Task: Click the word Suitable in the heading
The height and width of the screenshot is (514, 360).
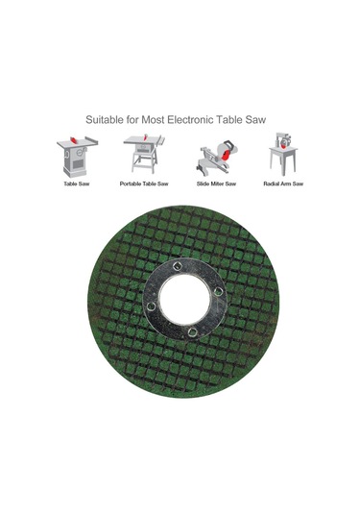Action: click(x=105, y=120)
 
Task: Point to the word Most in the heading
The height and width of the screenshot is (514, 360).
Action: click(x=153, y=120)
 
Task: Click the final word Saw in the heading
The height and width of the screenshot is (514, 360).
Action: click(x=255, y=120)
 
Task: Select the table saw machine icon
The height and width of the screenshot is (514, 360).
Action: click(x=77, y=156)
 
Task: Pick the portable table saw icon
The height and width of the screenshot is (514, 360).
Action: click(x=144, y=154)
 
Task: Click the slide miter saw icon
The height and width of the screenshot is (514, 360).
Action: click(x=217, y=157)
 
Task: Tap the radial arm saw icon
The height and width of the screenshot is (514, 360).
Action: click(x=283, y=154)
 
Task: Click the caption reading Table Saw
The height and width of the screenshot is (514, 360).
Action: click(x=77, y=184)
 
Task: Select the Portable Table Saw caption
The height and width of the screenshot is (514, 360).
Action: click(x=144, y=184)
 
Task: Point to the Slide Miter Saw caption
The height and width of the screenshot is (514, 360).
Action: click(x=216, y=184)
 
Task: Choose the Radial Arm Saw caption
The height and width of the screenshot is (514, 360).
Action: click(x=283, y=184)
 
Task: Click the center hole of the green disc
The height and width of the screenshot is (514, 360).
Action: click(x=184, y=299)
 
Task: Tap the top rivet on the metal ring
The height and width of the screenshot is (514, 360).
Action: click(x=178, y=266)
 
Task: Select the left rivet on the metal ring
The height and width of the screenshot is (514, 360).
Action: click(x=151, y=306)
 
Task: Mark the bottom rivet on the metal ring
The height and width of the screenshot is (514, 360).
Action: click(x=192, y=331)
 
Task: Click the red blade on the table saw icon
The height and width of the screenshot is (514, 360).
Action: click(x=74, y=140)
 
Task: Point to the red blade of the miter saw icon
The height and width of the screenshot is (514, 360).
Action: click(x=226, y=154)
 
